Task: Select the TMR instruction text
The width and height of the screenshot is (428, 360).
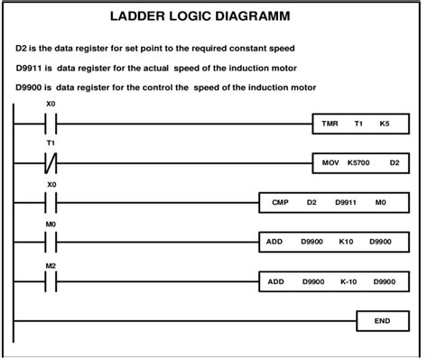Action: pos(330,122)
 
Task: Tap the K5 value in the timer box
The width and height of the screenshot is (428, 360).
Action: pos(386,122)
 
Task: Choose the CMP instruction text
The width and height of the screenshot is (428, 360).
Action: pos(280,203)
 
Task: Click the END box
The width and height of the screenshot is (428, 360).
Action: pos(382,319)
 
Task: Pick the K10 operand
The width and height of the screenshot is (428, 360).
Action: pos(346,243)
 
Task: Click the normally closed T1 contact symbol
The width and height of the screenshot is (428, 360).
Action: pos(51,163)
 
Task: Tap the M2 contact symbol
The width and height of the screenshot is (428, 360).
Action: pos(51,282)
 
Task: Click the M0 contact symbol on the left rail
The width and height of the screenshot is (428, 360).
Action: pos(51,243)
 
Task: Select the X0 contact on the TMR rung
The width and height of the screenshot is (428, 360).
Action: pos(51,123)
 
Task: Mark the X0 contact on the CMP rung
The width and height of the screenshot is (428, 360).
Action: pos(51,203)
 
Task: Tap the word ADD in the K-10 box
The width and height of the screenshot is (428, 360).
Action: pos(275,282)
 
